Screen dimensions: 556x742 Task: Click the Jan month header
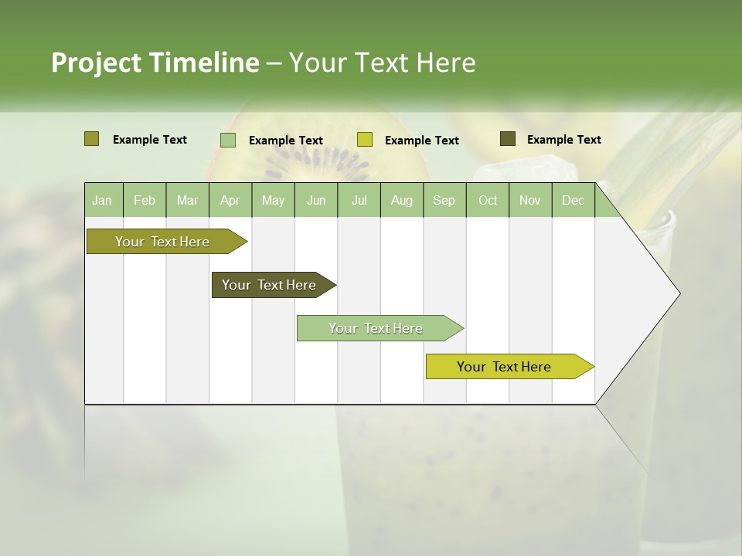coord(102,200)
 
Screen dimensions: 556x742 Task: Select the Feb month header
coord(145,200)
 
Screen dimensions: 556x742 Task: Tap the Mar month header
coord(187,200)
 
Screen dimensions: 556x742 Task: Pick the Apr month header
coord(230,200)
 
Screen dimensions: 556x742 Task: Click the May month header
coord(273,200)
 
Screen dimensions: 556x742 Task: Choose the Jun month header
coord(316,200)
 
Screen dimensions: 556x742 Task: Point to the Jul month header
coord(359,200)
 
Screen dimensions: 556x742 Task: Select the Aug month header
coord(401,200)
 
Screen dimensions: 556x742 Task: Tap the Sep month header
coord(444,200)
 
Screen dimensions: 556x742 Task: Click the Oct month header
coord(488,200)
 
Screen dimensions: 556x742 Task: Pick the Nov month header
coord(530,200)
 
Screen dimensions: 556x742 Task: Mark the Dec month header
coord(573,200)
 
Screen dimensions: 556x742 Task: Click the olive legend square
coord(91,139)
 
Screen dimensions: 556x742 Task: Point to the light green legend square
coord(228,140)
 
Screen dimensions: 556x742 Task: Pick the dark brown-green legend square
coord(508,139)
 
